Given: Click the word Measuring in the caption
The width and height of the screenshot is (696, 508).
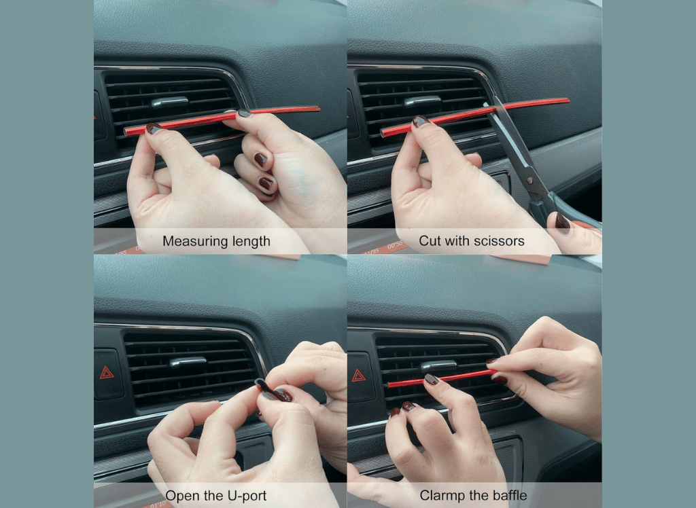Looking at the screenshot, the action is click(194, 241).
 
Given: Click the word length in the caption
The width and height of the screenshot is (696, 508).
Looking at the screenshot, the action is click(250, 241).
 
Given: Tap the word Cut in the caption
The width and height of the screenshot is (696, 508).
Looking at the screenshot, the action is click(430, 241).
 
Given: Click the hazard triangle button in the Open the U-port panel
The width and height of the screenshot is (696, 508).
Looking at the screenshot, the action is click(107, 373).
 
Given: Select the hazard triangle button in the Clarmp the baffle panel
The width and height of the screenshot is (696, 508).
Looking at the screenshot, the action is click(358, 376).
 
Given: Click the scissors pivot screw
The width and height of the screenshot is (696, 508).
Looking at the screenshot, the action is click(529, 181).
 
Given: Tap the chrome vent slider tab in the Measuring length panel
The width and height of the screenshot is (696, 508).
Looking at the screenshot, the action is click(169, 103).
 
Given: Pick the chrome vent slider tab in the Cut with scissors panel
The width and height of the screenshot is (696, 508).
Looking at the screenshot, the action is click(421, 101).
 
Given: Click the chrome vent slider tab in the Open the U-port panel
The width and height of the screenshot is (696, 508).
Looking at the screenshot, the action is click(188, 362).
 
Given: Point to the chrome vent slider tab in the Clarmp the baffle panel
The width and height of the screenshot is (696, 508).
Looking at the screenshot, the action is click(438, 365).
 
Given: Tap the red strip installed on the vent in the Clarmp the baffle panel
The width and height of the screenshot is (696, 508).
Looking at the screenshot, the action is click(442, 378).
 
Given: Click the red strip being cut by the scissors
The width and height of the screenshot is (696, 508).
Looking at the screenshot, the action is click(475, 115).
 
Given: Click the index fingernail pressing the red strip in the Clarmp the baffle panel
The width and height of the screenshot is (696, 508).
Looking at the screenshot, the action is click(432, 380).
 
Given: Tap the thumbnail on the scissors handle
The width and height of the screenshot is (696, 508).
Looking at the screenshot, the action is click(562, 222).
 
